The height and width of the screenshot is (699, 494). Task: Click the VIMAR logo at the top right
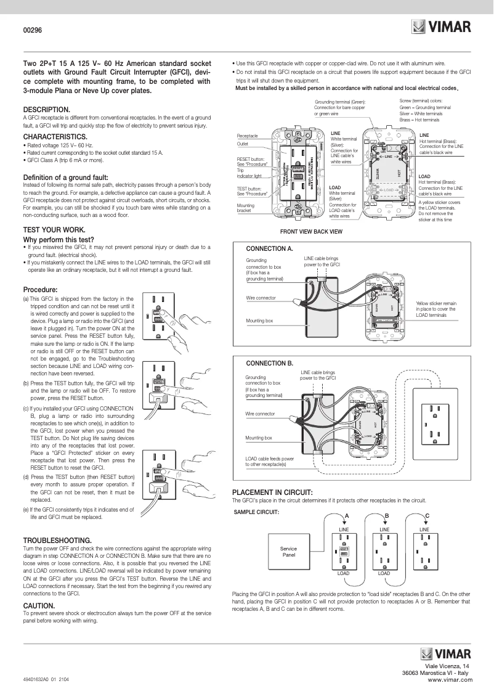[x=441, y=27]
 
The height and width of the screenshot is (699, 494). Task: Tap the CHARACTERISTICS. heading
[x=55, y=136]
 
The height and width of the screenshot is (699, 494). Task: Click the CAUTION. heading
[x=38, y=606]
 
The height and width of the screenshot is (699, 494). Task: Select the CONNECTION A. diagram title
[x=269, y=248]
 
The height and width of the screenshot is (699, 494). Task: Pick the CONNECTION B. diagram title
[x=269, y=363]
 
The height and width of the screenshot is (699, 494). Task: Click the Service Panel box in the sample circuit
[x=288, y=552]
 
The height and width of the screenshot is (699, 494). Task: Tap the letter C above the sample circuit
[x=427, y=515]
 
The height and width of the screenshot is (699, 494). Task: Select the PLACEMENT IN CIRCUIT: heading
[x=272, y=492]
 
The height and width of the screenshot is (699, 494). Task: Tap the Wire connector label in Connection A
[x=261, y=298]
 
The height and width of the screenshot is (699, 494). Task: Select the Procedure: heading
[x=40, y=289]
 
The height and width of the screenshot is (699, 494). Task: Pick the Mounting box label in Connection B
[x=259, y=437]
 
